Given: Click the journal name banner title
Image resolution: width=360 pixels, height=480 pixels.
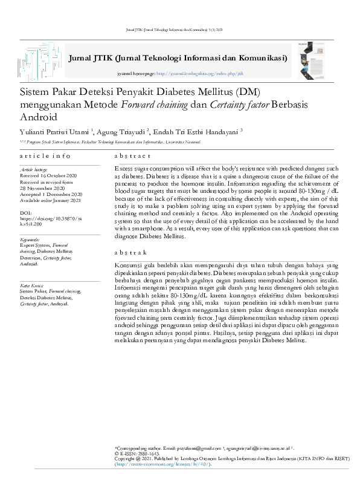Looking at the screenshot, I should tap(178, 59).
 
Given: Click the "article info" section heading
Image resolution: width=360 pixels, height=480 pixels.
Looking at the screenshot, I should tap(45, 156).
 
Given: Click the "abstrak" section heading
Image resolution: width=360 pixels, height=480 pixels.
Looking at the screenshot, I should tap(130, 253).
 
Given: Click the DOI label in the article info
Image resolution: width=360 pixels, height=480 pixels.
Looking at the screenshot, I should tap(25, 213).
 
